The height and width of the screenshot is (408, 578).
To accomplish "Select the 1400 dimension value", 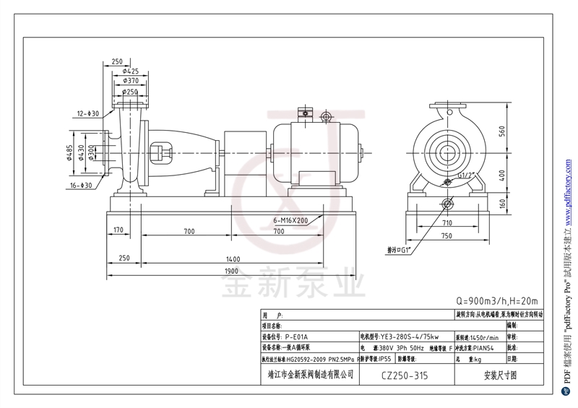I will (x=232, y=258).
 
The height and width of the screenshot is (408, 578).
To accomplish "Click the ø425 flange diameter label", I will (x=130, y=71).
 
